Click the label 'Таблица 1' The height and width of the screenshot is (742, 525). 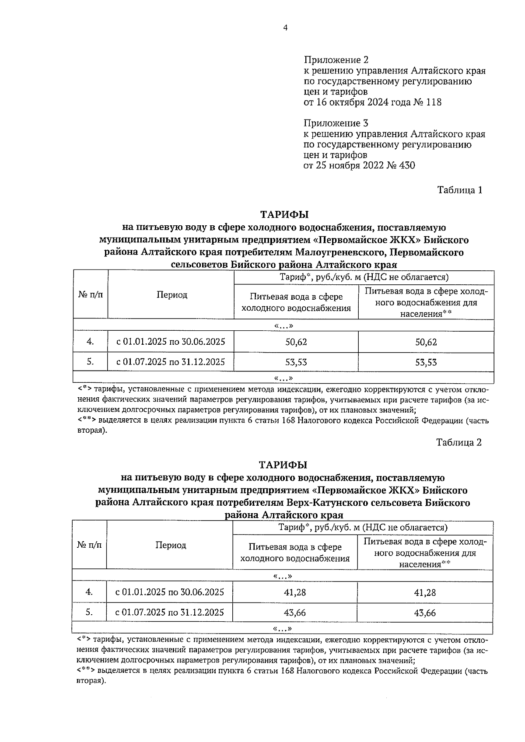[459, 190]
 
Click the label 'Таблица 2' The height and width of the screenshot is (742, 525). [458, 442]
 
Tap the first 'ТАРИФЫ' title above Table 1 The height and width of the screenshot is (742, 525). [284, 215]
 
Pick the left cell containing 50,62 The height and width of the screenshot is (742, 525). [296, 342]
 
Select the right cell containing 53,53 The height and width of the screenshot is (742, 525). [426, 362]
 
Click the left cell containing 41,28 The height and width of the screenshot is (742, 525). [295, 592]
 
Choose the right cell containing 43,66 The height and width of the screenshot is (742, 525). [425, 613]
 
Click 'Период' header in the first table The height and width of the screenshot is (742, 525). [172, 295]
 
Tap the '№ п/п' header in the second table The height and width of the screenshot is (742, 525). [89, 545]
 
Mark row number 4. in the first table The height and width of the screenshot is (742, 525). [90, 342]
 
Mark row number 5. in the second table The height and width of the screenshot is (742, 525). [89, 612]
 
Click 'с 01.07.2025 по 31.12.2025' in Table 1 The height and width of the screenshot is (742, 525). [171, 362]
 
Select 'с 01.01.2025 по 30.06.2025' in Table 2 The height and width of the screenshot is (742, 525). [170, 592]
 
